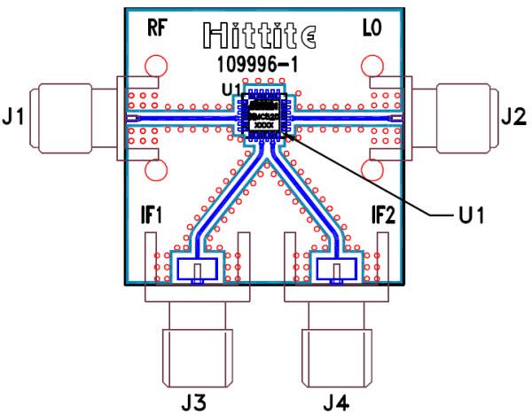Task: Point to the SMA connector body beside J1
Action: click(x=66, y=118)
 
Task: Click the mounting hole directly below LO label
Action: click(x=371, y=67)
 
